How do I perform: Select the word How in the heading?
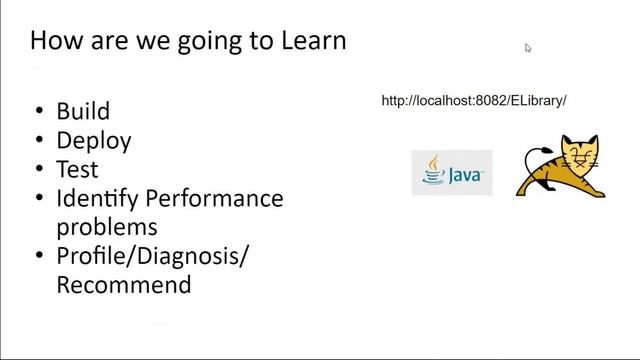[x=52, y=41]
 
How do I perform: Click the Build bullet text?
[x=83, y=111]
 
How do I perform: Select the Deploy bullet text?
[x=94, y=141]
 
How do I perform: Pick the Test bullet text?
[x=77, y=169]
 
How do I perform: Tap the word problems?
[x=107, y=227]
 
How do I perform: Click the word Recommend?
[x=123, y=285]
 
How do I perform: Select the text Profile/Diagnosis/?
[x=152, y=257]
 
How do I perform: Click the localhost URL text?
[x=474, y=101]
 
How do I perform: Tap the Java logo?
[x=452, y=173]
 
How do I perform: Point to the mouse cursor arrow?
[x=528, y=47]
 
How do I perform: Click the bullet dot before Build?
[x=38, y=112]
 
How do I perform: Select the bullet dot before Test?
[x=38, y=170]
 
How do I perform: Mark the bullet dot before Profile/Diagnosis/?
[x=38, y=257]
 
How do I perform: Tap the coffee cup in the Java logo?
[x=432, y=173]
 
